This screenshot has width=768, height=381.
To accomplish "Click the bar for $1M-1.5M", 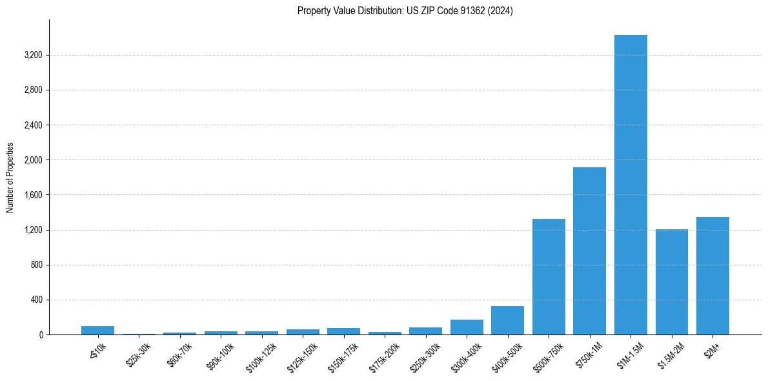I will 631,185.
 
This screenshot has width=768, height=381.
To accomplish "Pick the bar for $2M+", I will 712,276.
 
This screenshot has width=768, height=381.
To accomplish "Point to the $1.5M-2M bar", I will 671,282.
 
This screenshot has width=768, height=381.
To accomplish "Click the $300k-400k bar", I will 467,327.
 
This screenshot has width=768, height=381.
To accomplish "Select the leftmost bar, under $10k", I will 97,330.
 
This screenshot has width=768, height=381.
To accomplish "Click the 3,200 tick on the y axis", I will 33,55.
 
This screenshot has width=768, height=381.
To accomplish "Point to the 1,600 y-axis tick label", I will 33,195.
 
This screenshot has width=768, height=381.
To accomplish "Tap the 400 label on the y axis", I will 36,300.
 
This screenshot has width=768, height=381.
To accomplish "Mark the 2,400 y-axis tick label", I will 33,125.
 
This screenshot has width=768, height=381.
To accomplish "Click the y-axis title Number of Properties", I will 10,178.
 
